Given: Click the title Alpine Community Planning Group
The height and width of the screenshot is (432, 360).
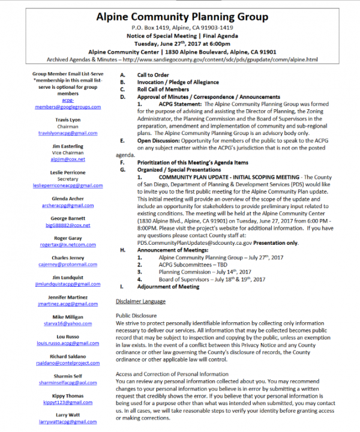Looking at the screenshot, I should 179,16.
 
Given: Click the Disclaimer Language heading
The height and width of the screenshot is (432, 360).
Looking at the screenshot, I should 140,301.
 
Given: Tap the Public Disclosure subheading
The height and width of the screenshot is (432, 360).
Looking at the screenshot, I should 136,315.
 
